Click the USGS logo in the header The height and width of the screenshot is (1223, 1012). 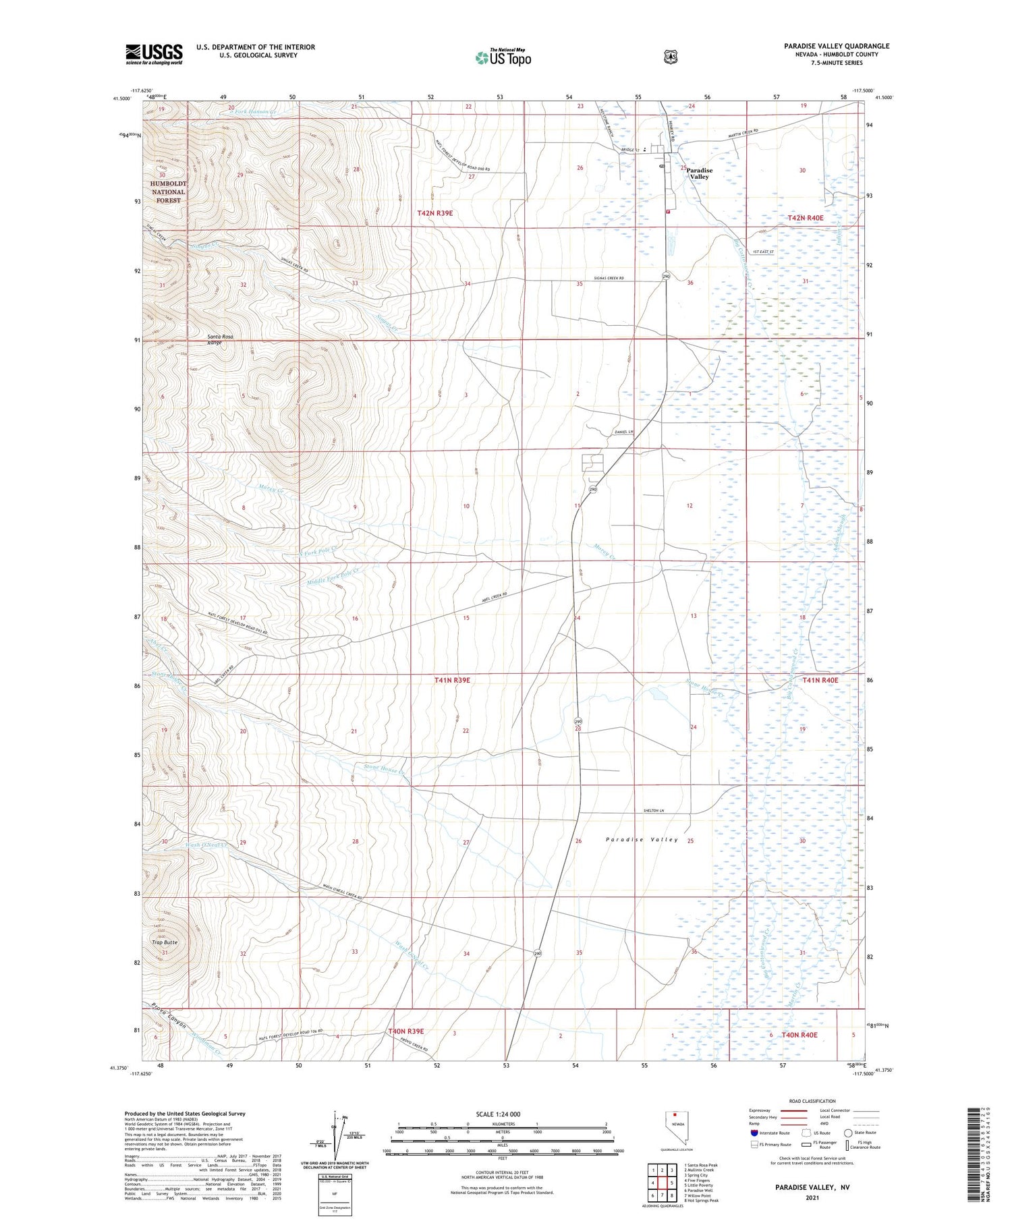tap(154, 54)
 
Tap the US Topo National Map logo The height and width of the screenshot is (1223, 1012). tap(503, 57)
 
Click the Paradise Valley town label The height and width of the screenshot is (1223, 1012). tap(699, 173)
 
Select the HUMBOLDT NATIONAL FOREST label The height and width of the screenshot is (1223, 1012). tap(168, 192)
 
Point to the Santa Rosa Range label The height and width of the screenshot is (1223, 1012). tap(215, 339)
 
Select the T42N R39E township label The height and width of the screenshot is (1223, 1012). tap(434, 213)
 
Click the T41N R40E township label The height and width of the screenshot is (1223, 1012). tap(820, 681)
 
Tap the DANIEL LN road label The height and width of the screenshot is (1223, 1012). tap(624, 432)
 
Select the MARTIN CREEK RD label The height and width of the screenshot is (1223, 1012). tap(742, 131)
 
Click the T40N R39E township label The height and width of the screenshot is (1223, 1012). tap(405, 1031)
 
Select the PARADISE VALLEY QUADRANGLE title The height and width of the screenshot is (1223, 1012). tap(837, 46)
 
